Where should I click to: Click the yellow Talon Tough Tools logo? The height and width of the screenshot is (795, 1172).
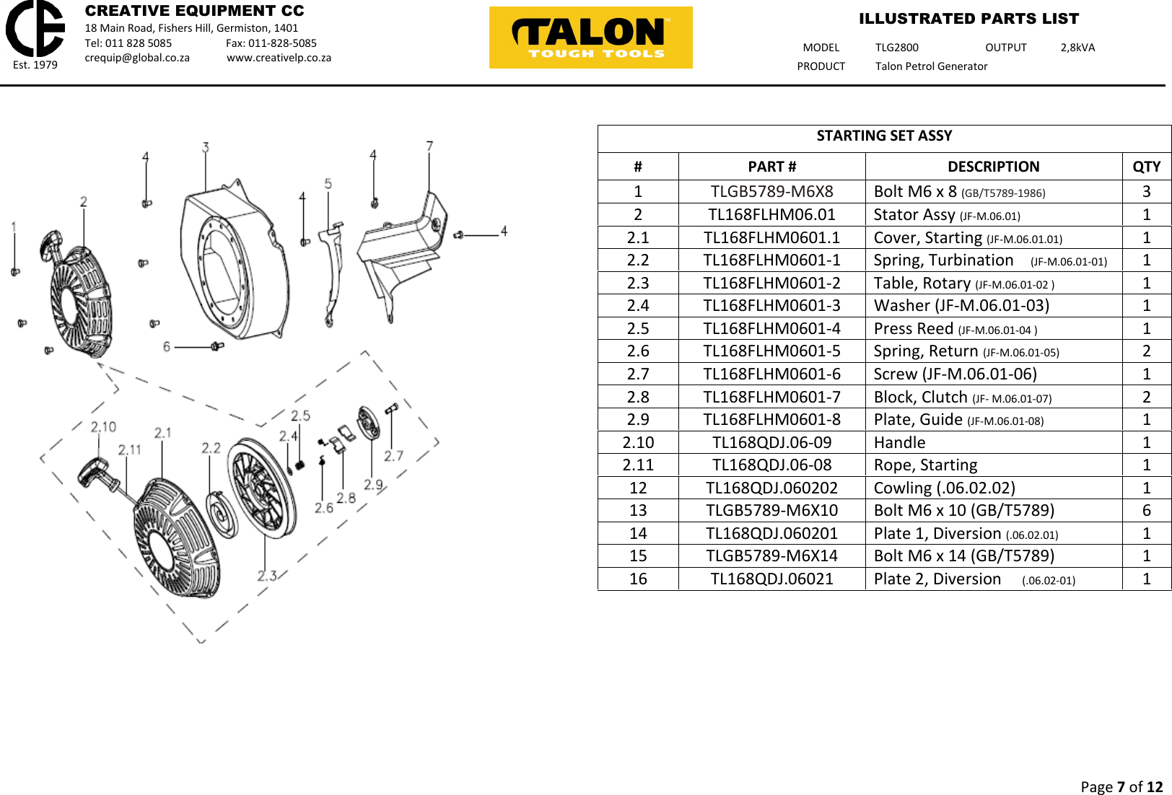(x=590, y=38)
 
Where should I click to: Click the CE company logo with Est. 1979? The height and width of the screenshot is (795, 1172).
(x=35, y=34)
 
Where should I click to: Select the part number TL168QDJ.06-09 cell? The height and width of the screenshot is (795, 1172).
(x=771, y=442)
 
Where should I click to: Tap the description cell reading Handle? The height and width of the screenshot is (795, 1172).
(x=899, y=442)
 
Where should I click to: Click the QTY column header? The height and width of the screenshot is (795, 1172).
(x=1146, y=167)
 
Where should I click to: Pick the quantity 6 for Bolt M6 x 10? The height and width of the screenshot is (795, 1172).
(x=1146, y=510)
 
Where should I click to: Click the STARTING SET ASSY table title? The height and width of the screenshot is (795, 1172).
(x=884, y=136)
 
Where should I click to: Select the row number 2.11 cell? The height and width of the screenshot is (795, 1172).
(x=638, y=465)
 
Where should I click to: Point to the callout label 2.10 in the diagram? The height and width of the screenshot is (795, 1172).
(x=103, y=427)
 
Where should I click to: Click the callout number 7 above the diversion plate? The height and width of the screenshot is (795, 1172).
(x=429, y=146)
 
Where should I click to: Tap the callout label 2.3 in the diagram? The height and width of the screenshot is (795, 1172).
(x=267, y=576)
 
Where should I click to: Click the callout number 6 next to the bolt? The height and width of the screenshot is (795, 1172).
(x=167, y=346)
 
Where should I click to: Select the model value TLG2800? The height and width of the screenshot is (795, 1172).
(x=896, y=48)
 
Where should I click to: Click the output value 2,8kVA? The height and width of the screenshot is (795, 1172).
(x=1077, y=48)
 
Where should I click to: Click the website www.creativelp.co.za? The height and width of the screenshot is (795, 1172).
(x=279, y=58)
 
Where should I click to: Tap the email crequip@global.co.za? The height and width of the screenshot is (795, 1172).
(x=137, y=58)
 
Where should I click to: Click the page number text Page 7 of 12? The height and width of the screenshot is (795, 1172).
(x=1121, y=786)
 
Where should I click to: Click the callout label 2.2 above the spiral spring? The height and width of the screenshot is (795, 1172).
(x=211, y=448)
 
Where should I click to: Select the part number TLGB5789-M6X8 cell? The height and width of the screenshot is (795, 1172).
(x=771, y=191)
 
